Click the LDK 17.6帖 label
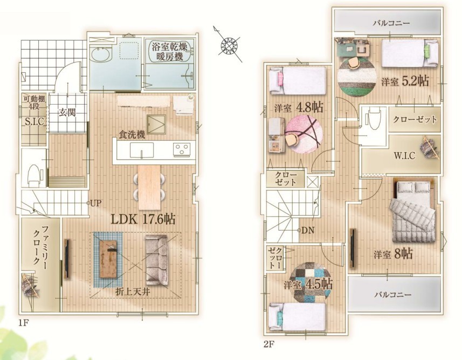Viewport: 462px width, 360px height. tap(143, 219)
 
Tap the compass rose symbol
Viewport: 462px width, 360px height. tap(229, 45)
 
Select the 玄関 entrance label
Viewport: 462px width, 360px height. tap(67, 112)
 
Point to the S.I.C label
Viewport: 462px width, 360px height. tap(34, 122)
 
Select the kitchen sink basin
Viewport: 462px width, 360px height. tap(142, 150)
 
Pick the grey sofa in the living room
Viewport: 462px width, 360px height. tap(157, 260)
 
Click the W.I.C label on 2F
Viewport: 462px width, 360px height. tap(405, 155)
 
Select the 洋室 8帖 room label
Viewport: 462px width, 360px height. tap(394, 254)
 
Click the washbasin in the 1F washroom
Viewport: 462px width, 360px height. tap(101, 55)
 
